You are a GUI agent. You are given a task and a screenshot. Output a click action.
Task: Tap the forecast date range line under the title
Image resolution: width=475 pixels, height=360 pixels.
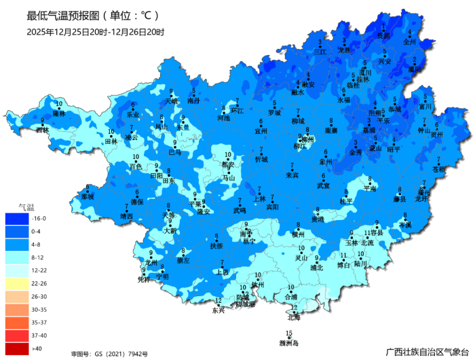(95, 31)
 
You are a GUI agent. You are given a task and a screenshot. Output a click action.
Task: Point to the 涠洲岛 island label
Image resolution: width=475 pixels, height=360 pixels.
(289, 342)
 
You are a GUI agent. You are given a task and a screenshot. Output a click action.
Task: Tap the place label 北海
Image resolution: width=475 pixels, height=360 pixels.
(294, 317)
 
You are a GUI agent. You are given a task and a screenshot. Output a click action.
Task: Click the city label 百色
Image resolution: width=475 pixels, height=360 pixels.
(136, 166)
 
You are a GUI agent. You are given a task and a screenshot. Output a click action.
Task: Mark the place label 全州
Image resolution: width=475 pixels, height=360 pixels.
(408, 41)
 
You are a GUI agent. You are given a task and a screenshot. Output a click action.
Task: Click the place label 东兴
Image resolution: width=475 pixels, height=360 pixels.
(218, 310)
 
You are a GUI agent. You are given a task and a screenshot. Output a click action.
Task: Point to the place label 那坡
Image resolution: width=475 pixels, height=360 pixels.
(87, 196)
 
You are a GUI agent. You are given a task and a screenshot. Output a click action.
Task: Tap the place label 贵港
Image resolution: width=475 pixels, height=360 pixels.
(318, 219)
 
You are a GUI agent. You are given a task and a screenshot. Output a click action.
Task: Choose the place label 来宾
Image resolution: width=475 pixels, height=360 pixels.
(292, 175)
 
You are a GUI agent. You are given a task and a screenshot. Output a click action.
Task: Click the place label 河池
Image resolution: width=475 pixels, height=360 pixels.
(223, 118)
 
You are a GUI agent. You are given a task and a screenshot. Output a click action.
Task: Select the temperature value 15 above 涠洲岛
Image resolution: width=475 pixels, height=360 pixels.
(289, 333)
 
